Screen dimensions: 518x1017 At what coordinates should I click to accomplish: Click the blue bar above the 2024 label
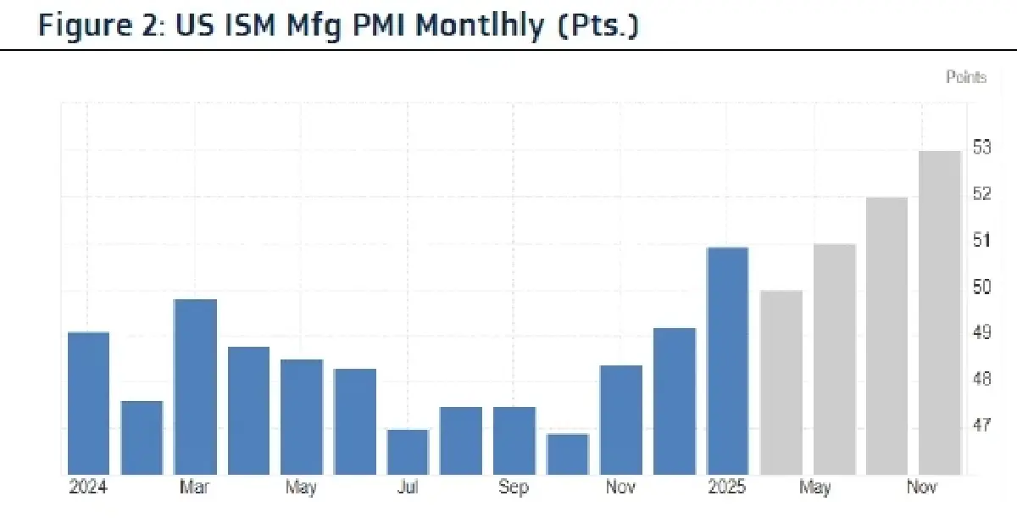[x=88, y=403]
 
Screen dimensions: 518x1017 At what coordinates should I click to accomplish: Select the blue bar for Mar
[x=195, y=387]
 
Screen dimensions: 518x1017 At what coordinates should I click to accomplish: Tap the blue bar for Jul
[x=408, y=452]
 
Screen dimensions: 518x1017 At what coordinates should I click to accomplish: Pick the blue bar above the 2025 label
[x=728, y=360]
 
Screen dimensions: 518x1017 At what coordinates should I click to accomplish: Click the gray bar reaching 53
[x=940, y=312]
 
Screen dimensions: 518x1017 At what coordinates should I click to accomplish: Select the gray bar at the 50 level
[x=781, y=382]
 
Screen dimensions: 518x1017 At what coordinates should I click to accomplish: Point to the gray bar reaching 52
[x=886, y=336]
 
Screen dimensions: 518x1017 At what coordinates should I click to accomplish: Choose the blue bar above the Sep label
[x=514, y=441]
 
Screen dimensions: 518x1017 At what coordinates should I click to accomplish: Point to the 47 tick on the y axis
[x=981, y=425]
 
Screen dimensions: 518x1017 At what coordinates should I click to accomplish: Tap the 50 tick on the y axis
[x=981, y=287]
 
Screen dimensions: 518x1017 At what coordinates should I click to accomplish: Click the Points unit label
[x=966, y=77]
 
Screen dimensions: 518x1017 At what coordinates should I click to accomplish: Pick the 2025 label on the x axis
[x=727, y=487]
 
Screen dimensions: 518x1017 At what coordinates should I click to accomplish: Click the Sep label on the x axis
[x=513, y=487]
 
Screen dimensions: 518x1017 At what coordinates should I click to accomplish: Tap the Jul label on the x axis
[x=408, y=487]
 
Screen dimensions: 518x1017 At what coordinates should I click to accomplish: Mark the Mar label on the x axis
[x=195, y=487]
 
